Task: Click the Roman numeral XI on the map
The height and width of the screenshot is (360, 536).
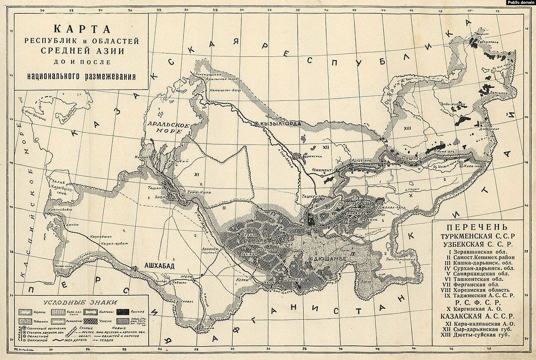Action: point(196,175)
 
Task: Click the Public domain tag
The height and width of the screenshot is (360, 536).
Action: point(520,3)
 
